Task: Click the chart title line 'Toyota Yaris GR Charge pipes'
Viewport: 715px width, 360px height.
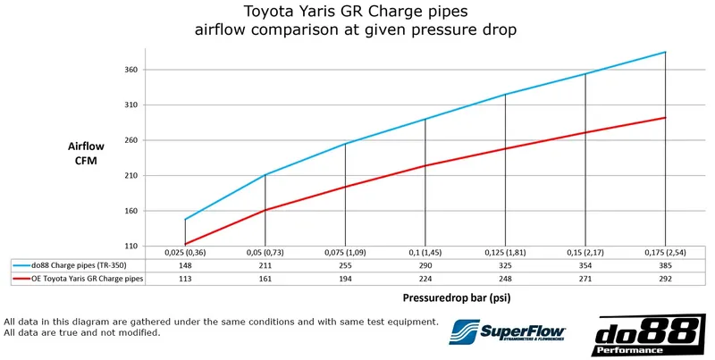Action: tap(357, 12)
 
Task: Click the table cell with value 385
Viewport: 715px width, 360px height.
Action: tap(665, 265)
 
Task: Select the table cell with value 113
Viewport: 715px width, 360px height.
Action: tap(185, 279)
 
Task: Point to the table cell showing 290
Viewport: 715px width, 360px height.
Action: tap(425, 265)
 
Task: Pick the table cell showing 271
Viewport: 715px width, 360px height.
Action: tap(585, 279)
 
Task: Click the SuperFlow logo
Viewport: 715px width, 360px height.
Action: tap(508, 332)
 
